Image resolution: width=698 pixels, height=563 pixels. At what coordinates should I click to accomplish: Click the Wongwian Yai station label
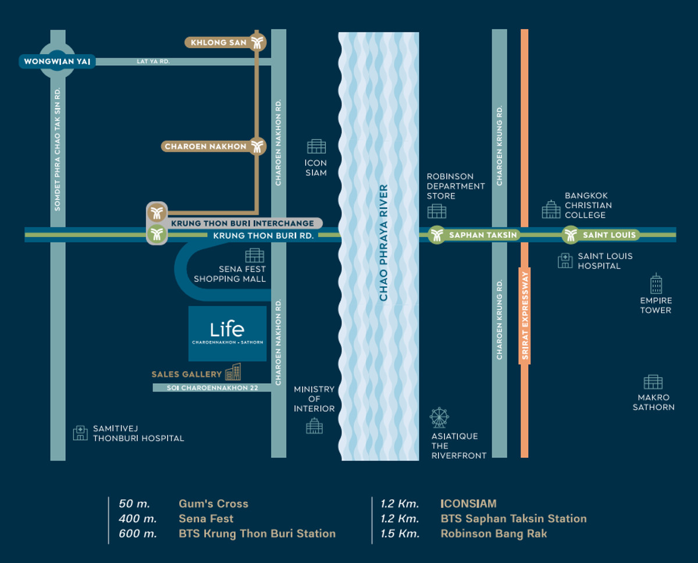point(56,62)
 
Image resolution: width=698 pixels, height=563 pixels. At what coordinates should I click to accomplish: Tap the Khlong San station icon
point(257,42)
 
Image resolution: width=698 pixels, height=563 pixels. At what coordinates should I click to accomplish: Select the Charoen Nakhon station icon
point(257,147)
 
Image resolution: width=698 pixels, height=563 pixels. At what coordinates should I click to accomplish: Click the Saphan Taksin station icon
point(436,235)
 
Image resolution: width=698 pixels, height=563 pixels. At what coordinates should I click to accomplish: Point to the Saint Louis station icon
point(570,235)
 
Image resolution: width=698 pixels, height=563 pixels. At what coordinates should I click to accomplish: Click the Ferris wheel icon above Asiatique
point(439,418)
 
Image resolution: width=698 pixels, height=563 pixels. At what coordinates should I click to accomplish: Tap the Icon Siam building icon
point(316,146)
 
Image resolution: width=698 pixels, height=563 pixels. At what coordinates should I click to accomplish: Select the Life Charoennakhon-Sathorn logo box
point(227,334)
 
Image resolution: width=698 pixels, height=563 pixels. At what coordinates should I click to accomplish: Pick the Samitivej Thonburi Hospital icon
point(80,433)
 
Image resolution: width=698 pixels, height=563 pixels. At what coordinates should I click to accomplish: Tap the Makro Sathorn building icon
point(653,382)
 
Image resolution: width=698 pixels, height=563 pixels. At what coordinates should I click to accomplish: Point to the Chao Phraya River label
point(384,243)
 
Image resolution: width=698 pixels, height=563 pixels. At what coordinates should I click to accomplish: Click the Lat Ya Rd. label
point(153,61)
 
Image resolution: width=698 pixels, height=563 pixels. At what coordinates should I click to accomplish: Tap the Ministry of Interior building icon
point(314,426)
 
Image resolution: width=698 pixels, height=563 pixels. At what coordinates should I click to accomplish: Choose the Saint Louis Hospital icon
point(565,261)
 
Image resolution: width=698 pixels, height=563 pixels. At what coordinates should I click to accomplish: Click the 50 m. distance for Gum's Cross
point(134,504)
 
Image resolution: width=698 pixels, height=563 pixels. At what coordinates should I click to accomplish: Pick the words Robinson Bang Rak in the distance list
point(494,533)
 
